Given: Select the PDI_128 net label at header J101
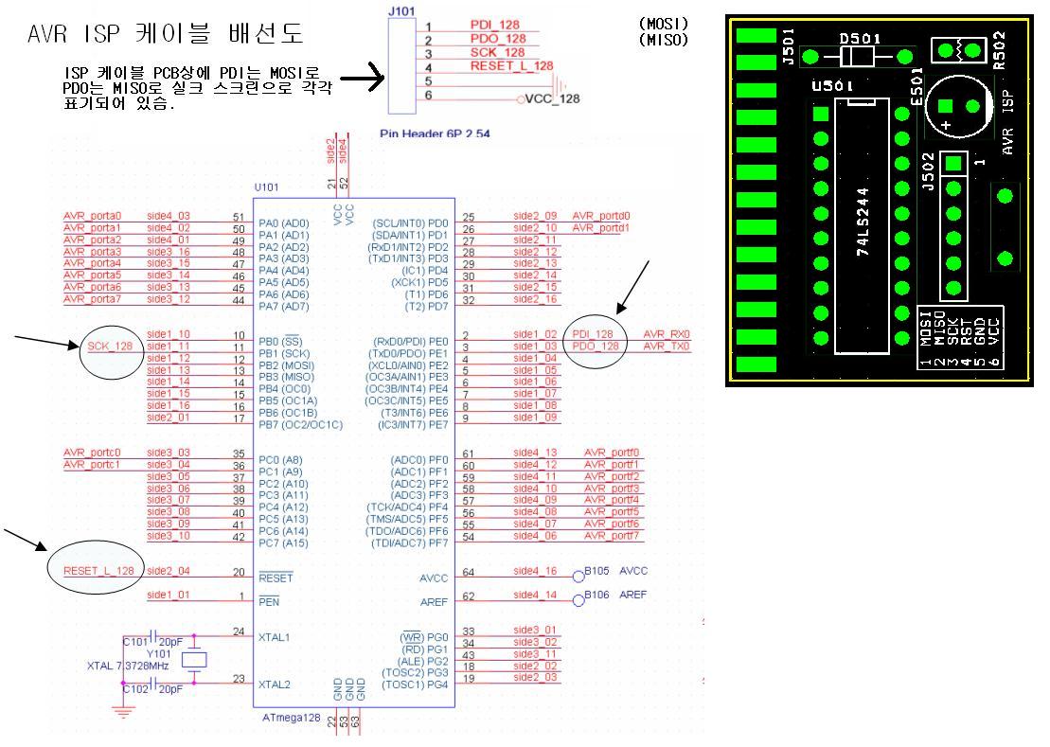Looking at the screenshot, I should (x=496, y=26).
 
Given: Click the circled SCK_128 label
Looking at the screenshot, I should (x=112, y=347).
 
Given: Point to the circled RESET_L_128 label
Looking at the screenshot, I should (x=98, y=571).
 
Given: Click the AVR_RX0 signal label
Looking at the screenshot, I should (x=667, y=335).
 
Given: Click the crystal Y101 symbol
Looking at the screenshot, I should (x=194, y=660).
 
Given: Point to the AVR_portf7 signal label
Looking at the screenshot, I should (x=612, y=536).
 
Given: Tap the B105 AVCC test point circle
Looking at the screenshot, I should (x=578, y=574).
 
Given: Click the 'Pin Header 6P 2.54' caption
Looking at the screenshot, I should (x=435, y=134).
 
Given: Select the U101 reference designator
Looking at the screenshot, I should (x=267, y=188).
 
